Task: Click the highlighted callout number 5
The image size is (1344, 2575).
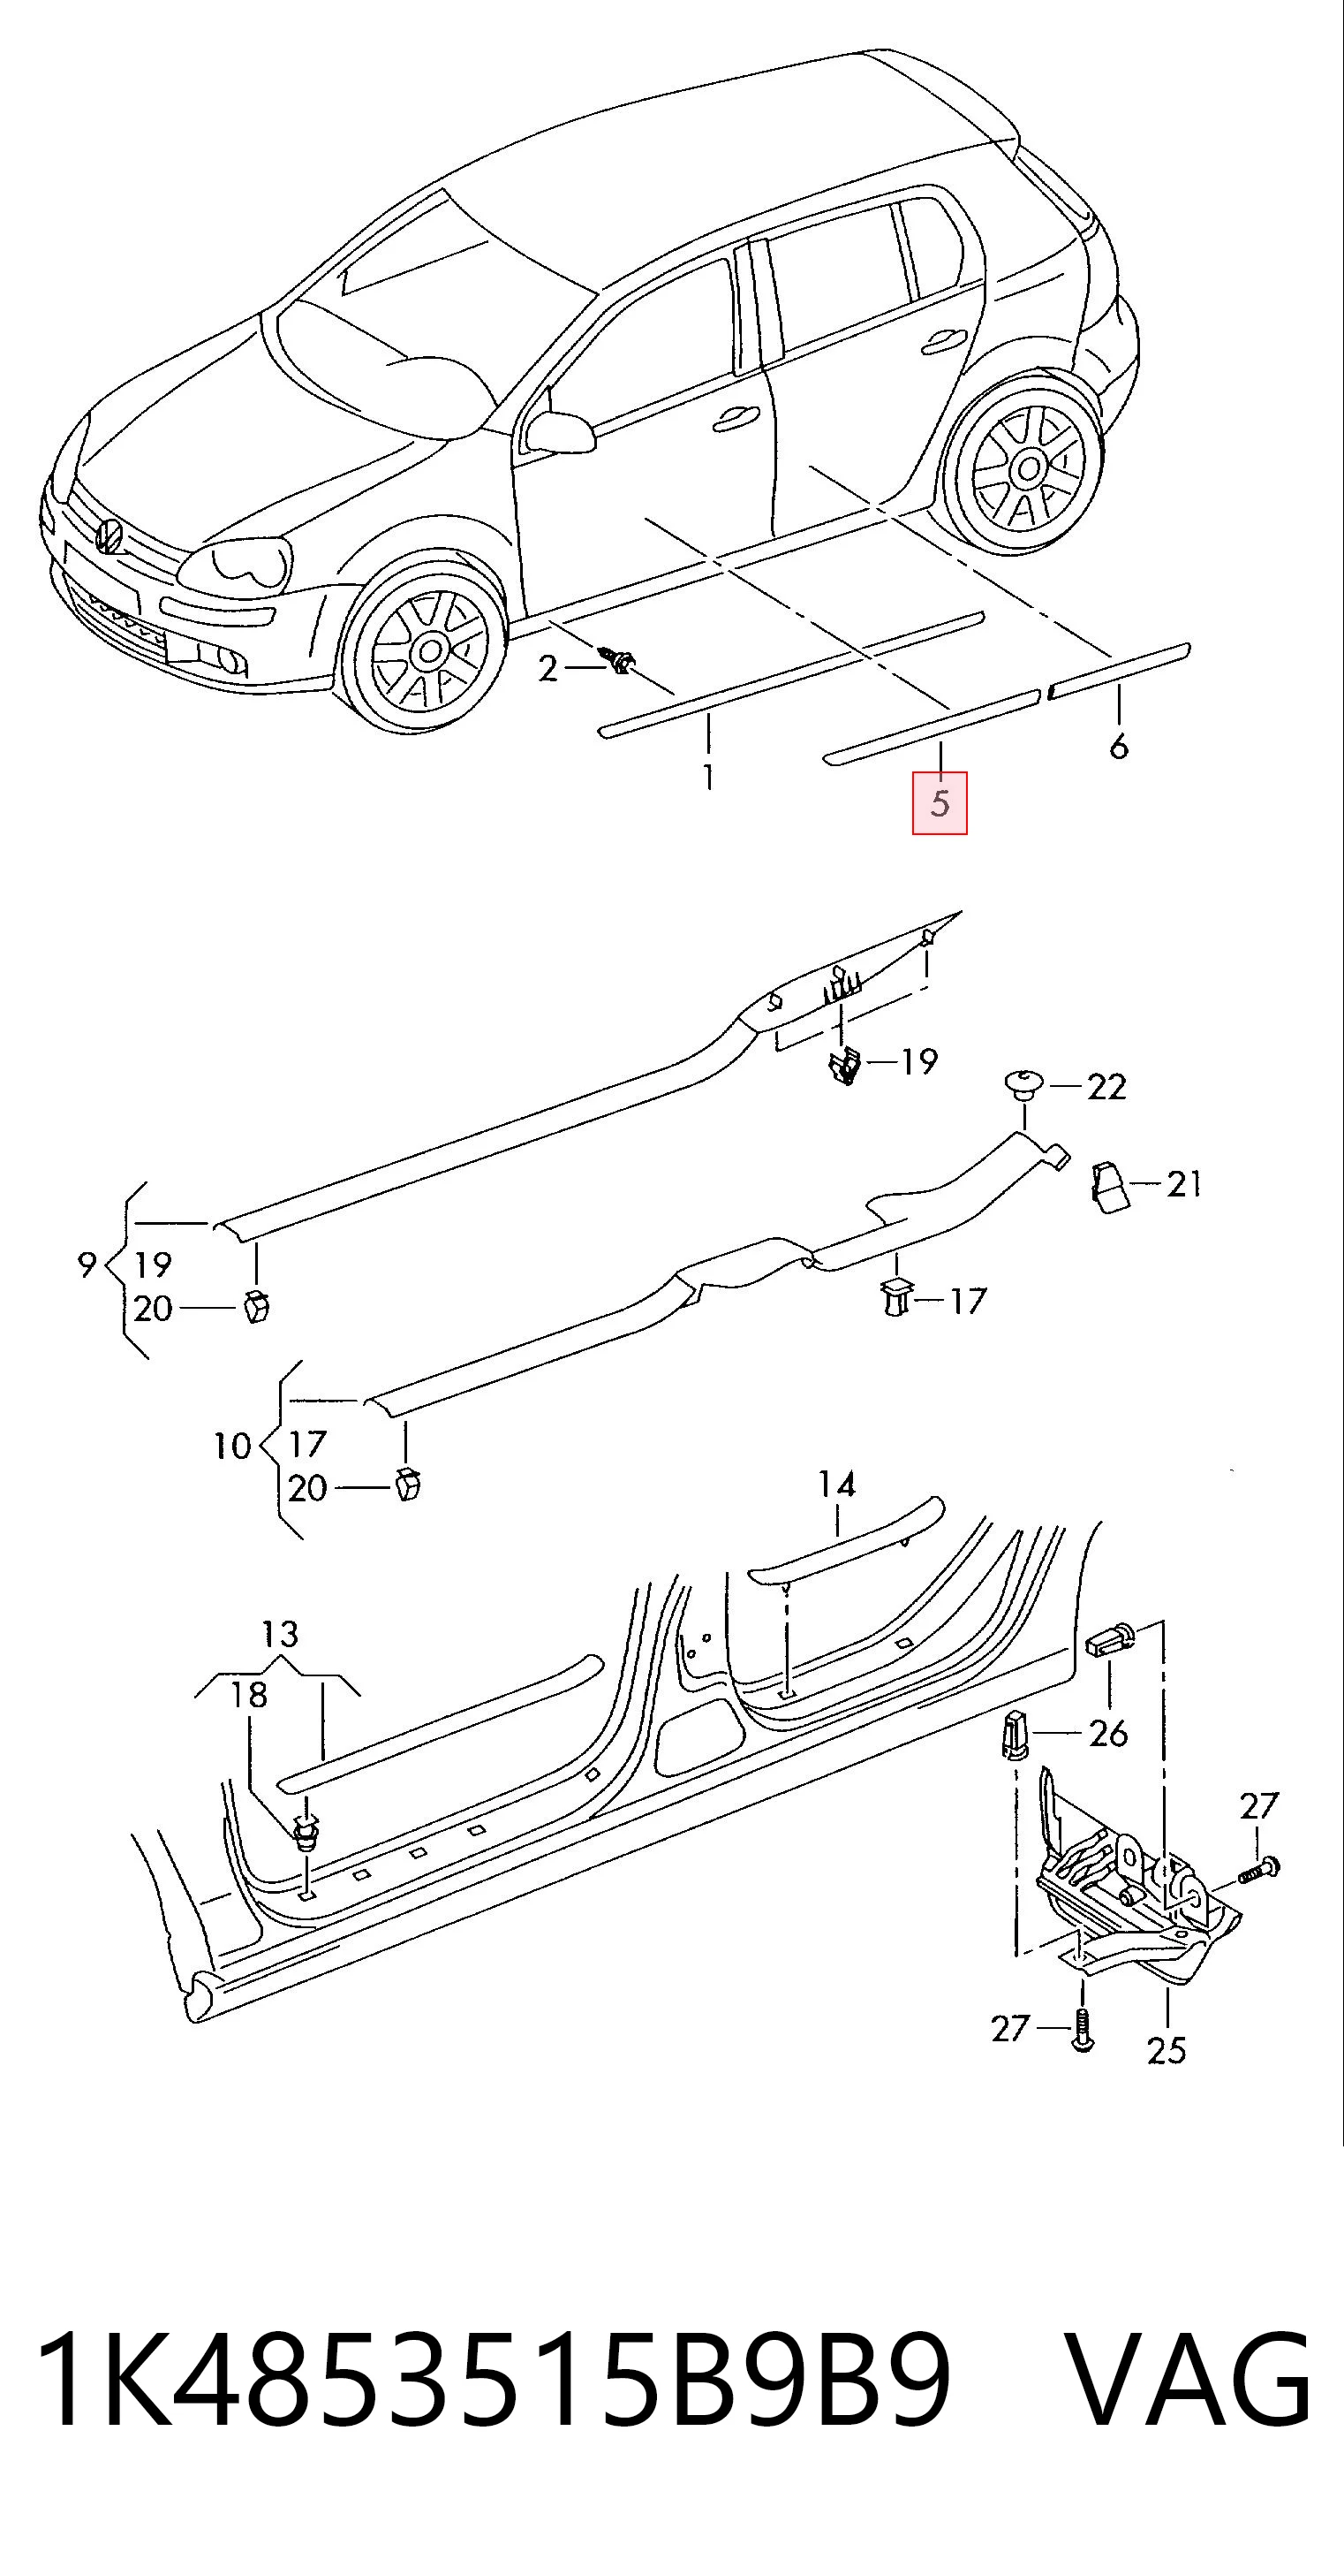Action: coord(940,802)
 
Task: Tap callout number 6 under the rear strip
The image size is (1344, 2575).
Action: coord(1119,746)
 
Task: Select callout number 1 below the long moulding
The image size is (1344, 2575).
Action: coord(708,777)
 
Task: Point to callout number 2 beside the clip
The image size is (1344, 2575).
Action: coord(547,668)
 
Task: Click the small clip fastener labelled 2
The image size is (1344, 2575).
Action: coord(618,660)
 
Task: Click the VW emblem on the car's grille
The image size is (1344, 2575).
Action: coord(108,536)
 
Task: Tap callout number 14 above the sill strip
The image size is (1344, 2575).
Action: coord(836,1484)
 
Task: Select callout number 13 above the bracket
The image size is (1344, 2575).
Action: coord(280,1635)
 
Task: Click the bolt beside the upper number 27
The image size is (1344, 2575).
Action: coord(1261,1868)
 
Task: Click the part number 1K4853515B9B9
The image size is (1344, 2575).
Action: coord(495,2383)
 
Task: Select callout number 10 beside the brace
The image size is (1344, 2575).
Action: coord(232,1446)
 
